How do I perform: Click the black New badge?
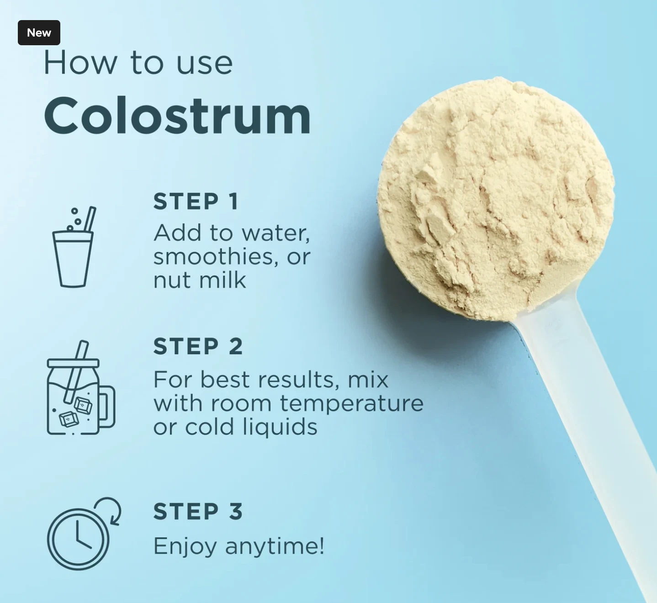pyautogui.click(x=39, y=33)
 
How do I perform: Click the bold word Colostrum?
pyautogui.click(x=177, y=116)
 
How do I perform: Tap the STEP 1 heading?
pyautogui.click(x=196, y=201)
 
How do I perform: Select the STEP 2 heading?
pyautogui.click(x=198, y=346)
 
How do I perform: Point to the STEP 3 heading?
pyautogui.click(x=198, y=511)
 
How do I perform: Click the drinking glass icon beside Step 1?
pyautogui.click(x=74, y=247)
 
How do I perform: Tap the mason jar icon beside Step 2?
pyautogui.click(x=81, y=388)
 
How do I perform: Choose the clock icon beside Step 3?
pyautogui.click(x=84, y=534)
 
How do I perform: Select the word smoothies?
pyautogui.click(x=213, y=257)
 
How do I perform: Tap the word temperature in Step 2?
pyautogui.click(x=352, y=403)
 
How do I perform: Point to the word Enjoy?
pyautogui.click(x=185, y=547)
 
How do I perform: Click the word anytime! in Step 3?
pyautogui.click(x=275, y=547)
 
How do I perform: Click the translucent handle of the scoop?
pyautogui.click(x=586, y=442)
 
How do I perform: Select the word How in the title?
pyautogui.click(x=80, y=63)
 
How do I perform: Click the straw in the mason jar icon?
pyautogui.click(x=76, y=372)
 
